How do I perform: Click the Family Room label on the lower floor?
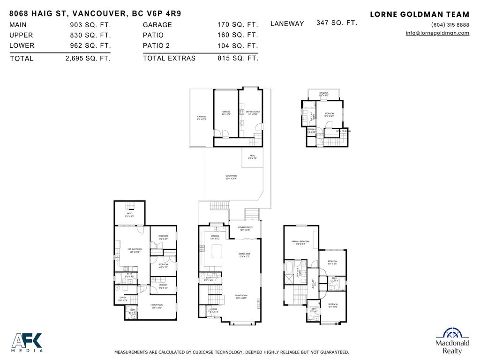click(x=157, y=306)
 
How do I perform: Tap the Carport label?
click(x=202, y=118)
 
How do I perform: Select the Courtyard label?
click(x=231, y=177)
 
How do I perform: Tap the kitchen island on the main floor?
click(x=217, y=253)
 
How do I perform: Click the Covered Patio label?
click(x=245, y=228)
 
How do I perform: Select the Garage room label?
click(x=226, y=112)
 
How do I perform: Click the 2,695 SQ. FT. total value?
click(x=88, y=59)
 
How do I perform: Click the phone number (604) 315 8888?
click(x=450, y=25)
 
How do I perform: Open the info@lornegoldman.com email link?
click(x=437, y=33)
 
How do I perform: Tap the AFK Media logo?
click(x=27, y=342)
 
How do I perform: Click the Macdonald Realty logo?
click(x=452, y=341)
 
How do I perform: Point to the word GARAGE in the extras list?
click(x=157, y=25)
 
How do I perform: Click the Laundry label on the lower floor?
click(x=163, y=286)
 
